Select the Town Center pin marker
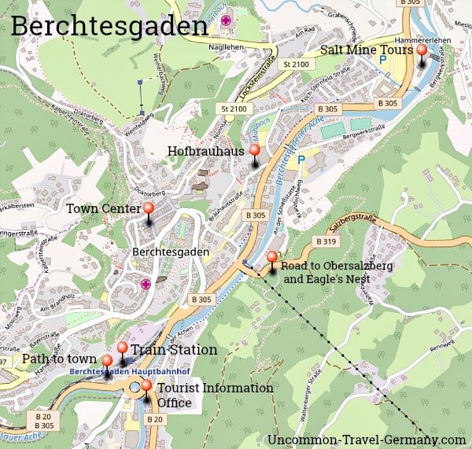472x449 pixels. click(x=148, y=208)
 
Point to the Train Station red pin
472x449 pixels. click(x=122, y=348)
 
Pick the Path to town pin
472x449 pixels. click(x=107, y=362)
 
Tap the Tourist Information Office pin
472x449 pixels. click(x=146, y=386)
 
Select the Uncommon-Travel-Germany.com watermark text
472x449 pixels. click(x=367, y=440)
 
